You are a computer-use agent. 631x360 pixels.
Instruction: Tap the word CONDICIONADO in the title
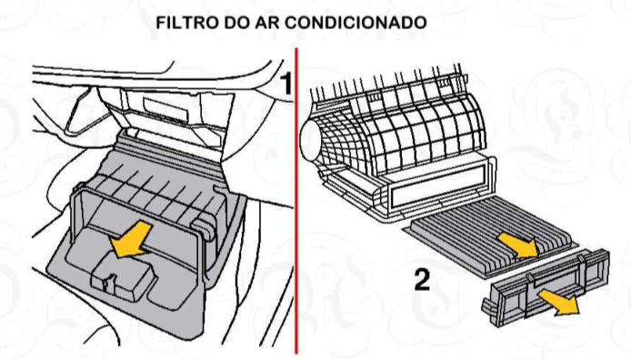[x=357, y=23]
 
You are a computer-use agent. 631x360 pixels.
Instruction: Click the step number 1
[x=285, y=84]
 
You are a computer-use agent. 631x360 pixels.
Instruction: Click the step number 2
[x=422, y=280]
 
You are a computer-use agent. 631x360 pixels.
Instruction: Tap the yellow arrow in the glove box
[x=131, y=240]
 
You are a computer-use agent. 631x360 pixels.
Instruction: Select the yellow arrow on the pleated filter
[x=517, y=245]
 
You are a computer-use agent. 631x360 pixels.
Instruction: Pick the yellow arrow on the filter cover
[x=558, y=303]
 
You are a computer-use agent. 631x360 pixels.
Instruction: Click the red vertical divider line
[x=297, y=201]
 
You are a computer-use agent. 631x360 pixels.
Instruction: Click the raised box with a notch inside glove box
[x=123, y=277]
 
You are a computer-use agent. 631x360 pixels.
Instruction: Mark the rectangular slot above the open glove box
[x=165, y=108]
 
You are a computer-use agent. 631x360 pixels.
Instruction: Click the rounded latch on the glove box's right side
[x=203, y=228]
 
